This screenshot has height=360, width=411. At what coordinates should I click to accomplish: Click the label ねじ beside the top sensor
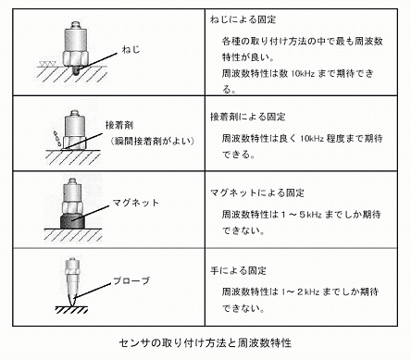click(x=131, y=49)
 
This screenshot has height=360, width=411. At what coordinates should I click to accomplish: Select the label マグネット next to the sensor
click(x=135, y=203)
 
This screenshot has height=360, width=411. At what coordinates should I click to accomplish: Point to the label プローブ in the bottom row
click(x=131, y=281)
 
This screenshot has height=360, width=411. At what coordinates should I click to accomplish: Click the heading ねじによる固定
click(x=243, y=19)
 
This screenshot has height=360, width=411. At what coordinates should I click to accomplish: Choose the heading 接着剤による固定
click(x=248, y=117)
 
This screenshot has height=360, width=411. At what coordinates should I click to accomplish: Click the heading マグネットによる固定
click(x=257, y=193)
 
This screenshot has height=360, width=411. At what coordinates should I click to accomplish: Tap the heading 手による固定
click(x=238, y=271)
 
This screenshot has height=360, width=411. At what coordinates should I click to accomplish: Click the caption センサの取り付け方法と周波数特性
click(x=205, y=343)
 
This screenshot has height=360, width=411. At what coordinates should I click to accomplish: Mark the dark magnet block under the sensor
click(x=72, y=221)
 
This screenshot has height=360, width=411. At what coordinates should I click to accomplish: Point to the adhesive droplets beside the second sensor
click(x=56, y=139)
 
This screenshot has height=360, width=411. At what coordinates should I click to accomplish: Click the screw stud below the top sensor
click(x=75, y=70)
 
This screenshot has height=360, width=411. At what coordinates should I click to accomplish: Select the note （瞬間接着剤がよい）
click(x=153, y=142)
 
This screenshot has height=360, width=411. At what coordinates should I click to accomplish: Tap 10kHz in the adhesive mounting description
click(x=312, y=139)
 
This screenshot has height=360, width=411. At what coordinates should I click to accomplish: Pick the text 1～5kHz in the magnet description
click(x=302, y=215)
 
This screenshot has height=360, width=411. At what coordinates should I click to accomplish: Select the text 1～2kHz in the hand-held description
click(x=300, y=292)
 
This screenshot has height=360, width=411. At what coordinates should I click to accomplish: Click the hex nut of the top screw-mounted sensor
click(x=76, y=58)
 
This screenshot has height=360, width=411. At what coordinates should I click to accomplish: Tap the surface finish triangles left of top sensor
click(x=47, y=64)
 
